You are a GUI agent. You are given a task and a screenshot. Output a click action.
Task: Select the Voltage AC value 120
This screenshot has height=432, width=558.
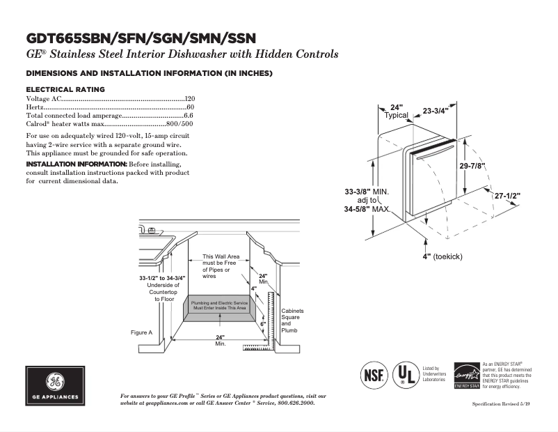[189, 100]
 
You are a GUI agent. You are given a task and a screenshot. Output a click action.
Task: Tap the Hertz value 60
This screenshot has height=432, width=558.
[190, 108]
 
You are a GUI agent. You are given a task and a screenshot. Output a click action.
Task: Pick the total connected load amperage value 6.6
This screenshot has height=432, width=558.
[188, 116]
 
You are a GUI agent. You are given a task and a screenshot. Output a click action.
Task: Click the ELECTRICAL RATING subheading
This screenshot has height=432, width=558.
[65, 89]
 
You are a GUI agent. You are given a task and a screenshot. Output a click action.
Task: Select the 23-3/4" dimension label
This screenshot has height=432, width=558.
[436, 111]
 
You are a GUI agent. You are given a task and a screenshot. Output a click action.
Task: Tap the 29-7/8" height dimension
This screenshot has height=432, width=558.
[472, 166]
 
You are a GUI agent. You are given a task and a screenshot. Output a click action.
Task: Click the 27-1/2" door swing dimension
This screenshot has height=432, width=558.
[507, 196]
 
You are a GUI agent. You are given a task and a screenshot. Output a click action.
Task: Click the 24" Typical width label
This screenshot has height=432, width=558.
[397, 111]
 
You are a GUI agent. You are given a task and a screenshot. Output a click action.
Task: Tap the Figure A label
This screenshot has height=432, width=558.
[141, 332]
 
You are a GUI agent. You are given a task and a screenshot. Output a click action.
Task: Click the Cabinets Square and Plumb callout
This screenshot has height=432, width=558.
[292, 321]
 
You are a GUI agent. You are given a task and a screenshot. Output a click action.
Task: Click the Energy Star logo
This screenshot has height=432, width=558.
[466, 375]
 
